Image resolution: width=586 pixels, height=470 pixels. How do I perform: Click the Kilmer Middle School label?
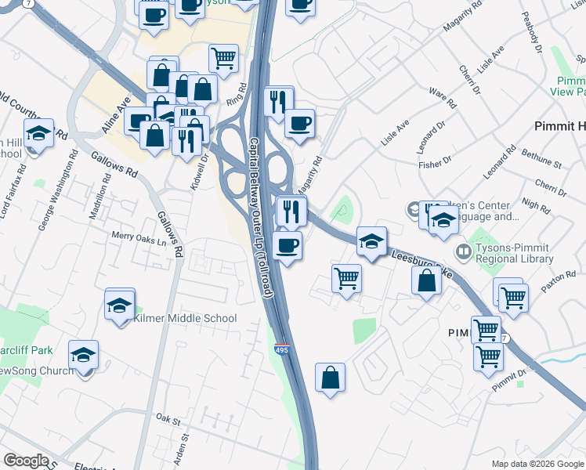[185, 318]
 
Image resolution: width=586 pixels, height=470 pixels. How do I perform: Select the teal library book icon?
[463, 251]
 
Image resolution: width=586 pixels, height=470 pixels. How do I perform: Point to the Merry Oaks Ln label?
[139, 234]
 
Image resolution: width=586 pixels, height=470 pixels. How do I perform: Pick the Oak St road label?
[168, 419]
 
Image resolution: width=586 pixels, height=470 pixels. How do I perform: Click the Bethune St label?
[541, 160]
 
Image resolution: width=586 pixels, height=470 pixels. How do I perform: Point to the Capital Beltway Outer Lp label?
[260, 218]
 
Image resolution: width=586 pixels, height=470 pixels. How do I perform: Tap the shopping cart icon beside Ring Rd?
[224, 57]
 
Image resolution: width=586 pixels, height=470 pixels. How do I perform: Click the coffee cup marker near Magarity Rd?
[299, 123]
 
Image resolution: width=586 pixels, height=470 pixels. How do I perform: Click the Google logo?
[26, 461]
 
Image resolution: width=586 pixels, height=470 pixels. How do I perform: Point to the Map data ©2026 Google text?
[537, 464]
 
